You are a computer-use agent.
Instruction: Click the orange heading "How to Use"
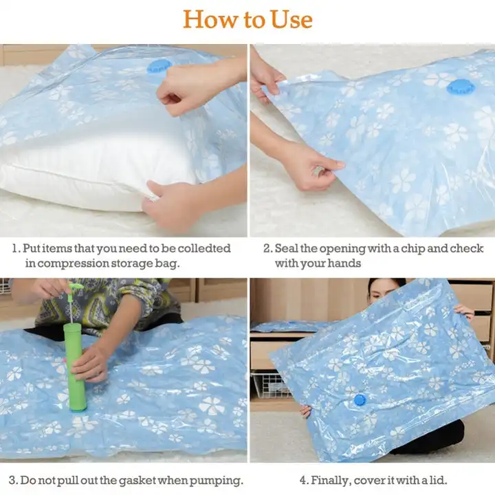[x=247, y=19]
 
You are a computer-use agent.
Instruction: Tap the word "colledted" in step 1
[x=204, y=248]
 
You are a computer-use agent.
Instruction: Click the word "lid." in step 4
[x=437, y=481]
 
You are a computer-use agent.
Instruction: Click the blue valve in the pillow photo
[x=159, y=67]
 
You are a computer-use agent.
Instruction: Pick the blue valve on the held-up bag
[x=360, y=399]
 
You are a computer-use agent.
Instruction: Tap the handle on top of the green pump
[x=74, y=287]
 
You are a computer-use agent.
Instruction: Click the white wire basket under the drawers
[x=272, y=385]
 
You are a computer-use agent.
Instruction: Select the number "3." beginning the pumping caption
[x=14, y=481]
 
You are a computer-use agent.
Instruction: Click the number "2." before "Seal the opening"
[x=268, y=249]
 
